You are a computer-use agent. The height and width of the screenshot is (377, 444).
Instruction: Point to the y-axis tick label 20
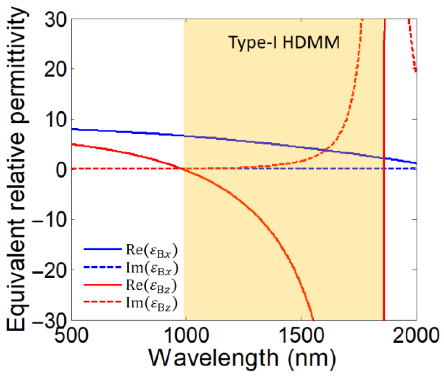(56, 69)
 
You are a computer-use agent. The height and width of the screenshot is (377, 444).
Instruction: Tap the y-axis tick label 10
(56, 120)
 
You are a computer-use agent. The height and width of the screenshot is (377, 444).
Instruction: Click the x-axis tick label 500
(71, 335)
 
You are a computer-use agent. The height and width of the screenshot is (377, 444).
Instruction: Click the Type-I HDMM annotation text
(284, 43)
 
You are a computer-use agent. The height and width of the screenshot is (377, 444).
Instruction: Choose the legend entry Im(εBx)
(151, 268)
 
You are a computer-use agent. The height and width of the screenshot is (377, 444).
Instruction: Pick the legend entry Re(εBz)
(151, 285)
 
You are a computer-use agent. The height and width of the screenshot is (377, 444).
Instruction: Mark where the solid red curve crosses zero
(182, 169)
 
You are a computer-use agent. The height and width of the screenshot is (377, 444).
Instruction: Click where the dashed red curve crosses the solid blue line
(326, 150)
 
